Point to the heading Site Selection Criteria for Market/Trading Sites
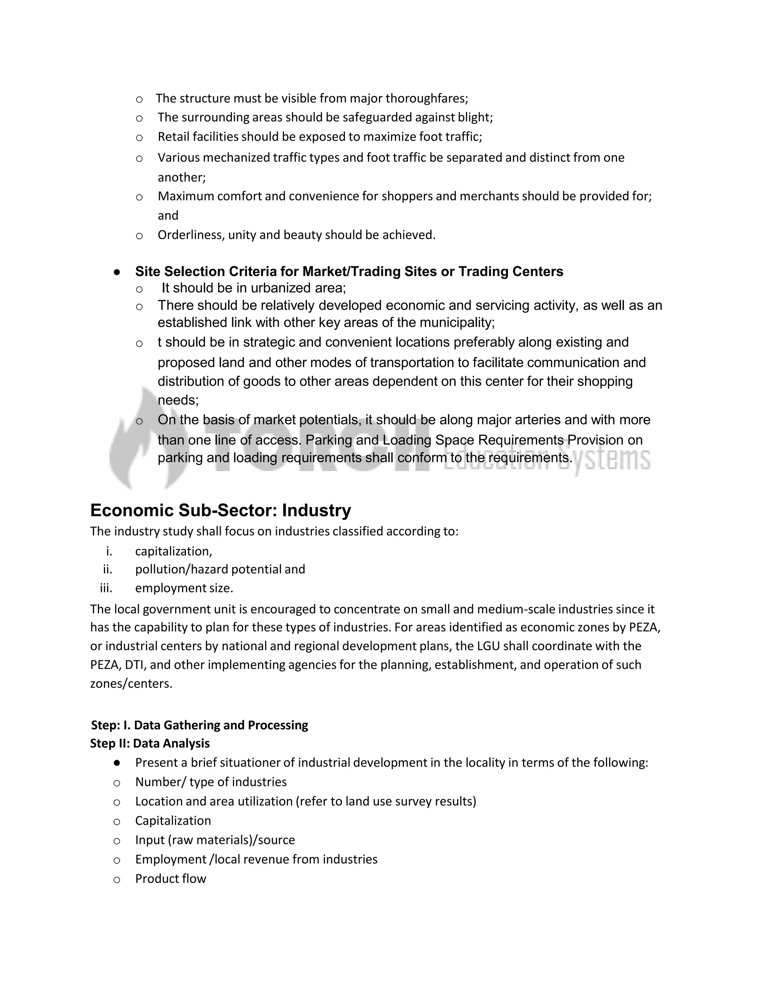(x=349, y=271)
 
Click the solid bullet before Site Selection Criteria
(x=117, y=272)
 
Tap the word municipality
(x=456, y=323)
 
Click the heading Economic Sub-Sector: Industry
(x=221, y=510)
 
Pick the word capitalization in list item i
(x=173, y=551)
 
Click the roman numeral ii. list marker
(x=108, y=570)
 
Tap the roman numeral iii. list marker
(x=106, y=588)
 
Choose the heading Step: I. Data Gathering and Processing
(x=199, y=725)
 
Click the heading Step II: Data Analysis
(x=150, y=744)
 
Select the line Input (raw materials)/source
(x=215, y=840)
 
